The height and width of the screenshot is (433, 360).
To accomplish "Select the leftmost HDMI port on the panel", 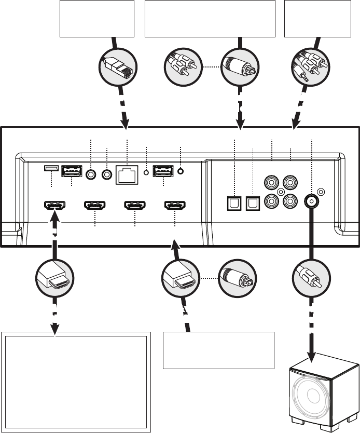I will pyautogui.click(x=54, y=206).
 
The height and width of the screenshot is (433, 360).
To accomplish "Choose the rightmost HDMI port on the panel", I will pyautogui.click(x=175, y=206).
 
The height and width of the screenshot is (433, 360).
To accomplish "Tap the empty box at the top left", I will pyautogui.click(x=97, y=19).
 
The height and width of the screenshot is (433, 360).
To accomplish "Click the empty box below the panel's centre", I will pyautogui.click(x=218, y=350).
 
